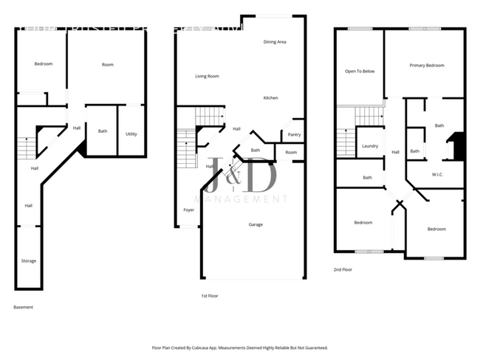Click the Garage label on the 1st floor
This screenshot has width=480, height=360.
256,224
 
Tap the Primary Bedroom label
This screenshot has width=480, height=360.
427,66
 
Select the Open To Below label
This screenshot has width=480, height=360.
360,72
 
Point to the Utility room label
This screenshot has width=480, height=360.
131,134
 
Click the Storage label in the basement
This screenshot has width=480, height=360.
29,260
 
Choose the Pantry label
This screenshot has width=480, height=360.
293,135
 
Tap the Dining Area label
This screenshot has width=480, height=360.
275,42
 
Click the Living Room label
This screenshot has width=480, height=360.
207,76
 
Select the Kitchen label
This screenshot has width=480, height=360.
271,97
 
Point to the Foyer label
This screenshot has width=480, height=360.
189,210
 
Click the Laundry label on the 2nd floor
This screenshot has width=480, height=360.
370,146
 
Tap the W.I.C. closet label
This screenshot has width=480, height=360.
436,174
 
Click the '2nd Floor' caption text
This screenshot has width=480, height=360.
343,270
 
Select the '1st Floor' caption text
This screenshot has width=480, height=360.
209,295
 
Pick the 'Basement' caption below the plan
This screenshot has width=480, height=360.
24,307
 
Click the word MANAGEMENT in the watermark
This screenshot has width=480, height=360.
240,199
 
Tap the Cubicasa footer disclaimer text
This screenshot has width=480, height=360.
240,347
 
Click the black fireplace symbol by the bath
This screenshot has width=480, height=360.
458,145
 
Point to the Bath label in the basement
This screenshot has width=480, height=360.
103,131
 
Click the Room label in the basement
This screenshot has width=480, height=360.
108,65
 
